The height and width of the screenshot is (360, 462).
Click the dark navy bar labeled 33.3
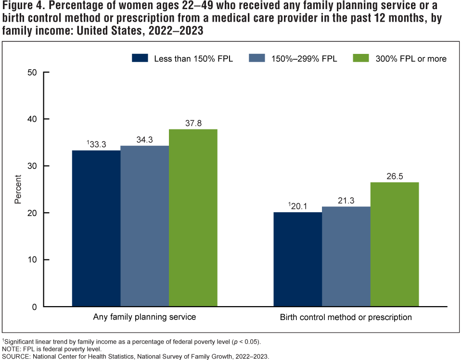tap(96, 229)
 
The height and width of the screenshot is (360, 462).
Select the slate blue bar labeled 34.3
tap(144, 226)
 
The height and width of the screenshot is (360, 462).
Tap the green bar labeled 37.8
tap(193, 218)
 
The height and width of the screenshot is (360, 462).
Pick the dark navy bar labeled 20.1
tap(297, 259)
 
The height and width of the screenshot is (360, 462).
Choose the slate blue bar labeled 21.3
tap(346, 257)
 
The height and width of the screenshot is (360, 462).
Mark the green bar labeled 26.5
tap(394, 244)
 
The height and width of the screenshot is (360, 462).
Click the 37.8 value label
tap(193, 123)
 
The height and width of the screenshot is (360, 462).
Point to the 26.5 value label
tap(394, 176)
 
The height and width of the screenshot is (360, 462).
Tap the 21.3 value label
tap(346, 201)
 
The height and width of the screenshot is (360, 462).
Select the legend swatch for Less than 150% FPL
tap(140, 58)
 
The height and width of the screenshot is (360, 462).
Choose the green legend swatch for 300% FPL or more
tap(360, 58)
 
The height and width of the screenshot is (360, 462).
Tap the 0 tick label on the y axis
tap(34, 307)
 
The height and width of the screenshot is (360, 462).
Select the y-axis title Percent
tap(18, 189)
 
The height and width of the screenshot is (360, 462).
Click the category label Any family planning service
tap(144, 318)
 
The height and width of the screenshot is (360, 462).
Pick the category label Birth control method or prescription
tap(346, 318)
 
